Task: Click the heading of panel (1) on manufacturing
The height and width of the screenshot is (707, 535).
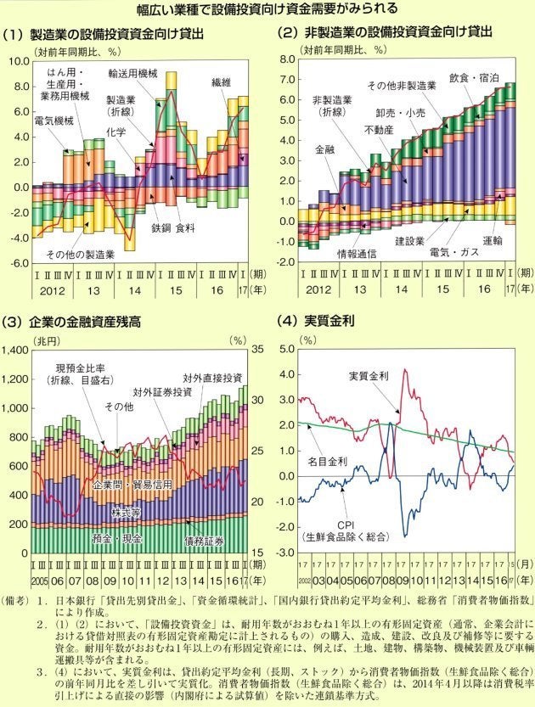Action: (x=105, y=35)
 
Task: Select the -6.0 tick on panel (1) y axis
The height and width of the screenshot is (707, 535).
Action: (x=18, y=263)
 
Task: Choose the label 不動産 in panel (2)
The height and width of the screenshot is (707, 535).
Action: (x=378, y=130)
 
